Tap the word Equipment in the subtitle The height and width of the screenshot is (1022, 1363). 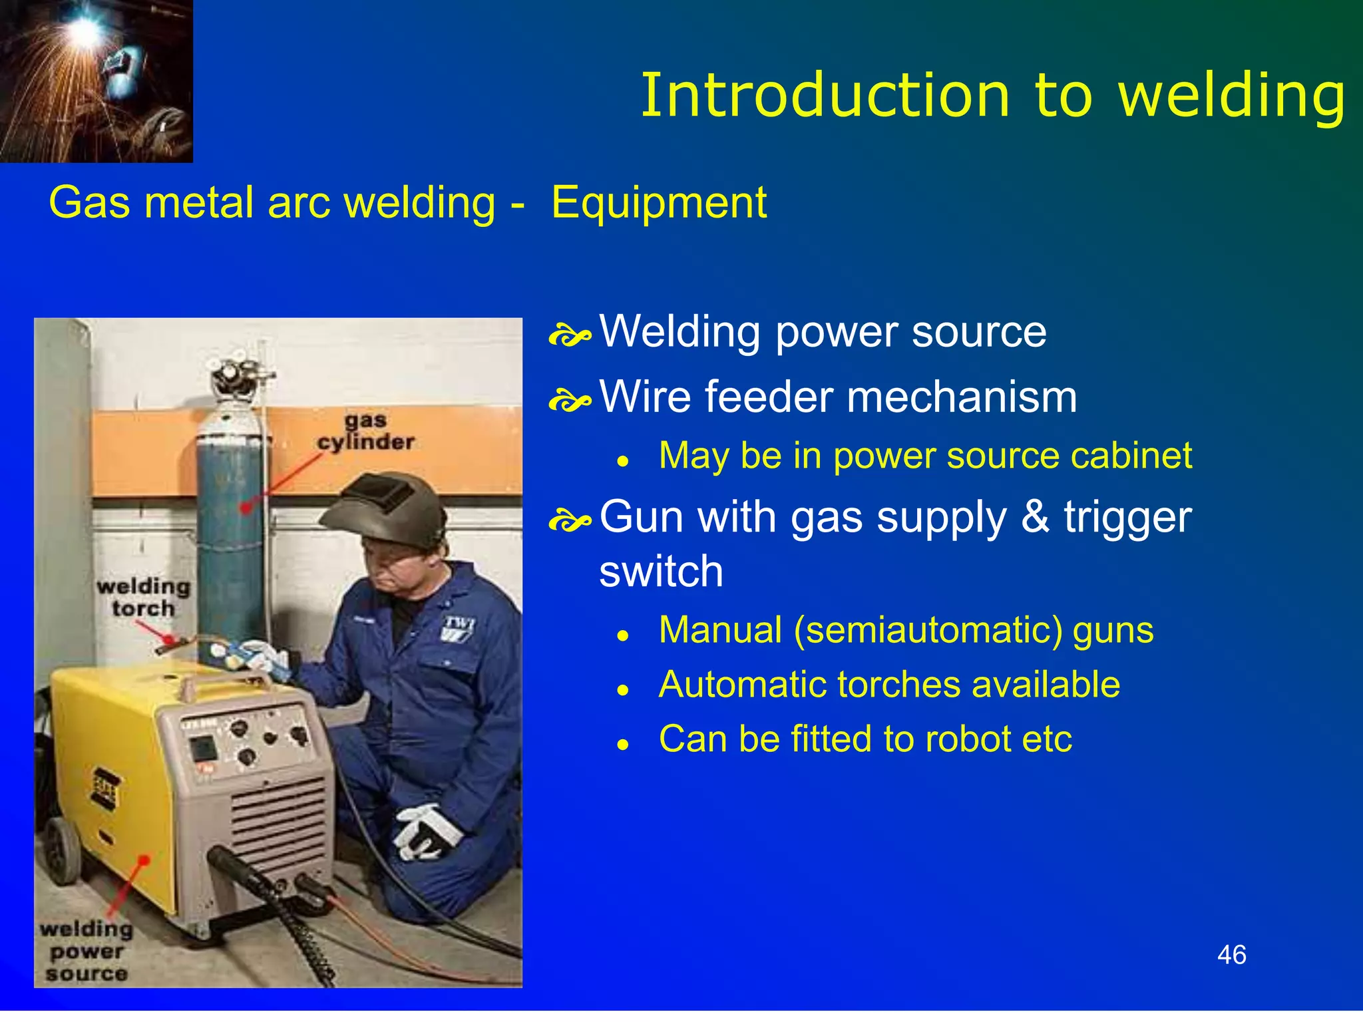(x=659, y=203)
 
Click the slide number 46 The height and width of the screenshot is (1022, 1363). (x=1231, y=955)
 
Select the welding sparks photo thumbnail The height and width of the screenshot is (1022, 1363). (x=97, y=81)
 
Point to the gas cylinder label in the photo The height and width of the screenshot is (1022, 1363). (x=366, y=432)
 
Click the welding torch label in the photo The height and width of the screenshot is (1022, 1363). (x=143, y=597)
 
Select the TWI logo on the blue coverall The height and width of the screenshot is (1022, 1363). (x=459, y=629)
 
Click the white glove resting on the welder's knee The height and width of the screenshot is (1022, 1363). (x=426, y=832)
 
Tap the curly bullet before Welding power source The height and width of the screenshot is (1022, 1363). (x=570, y=337)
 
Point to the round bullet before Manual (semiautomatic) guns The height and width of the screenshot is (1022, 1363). (x=623, y=636)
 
